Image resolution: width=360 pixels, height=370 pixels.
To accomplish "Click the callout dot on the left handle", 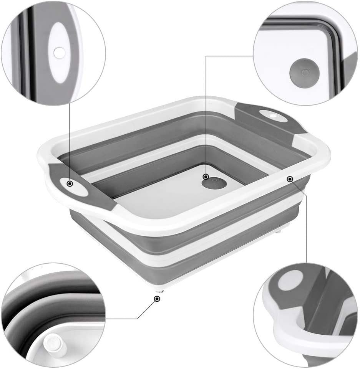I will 70,184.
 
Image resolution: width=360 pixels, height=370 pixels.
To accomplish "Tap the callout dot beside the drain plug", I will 206,177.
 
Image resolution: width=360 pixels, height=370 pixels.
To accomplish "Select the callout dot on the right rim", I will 290,178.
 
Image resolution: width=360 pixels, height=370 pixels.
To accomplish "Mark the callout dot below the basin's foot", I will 156,299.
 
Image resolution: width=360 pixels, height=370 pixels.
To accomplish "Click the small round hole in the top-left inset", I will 59,53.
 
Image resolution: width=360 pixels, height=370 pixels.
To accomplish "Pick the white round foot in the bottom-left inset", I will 53,343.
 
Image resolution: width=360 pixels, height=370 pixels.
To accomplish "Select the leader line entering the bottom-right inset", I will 306,230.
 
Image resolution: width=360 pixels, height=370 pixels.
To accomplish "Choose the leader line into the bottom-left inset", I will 127,319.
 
